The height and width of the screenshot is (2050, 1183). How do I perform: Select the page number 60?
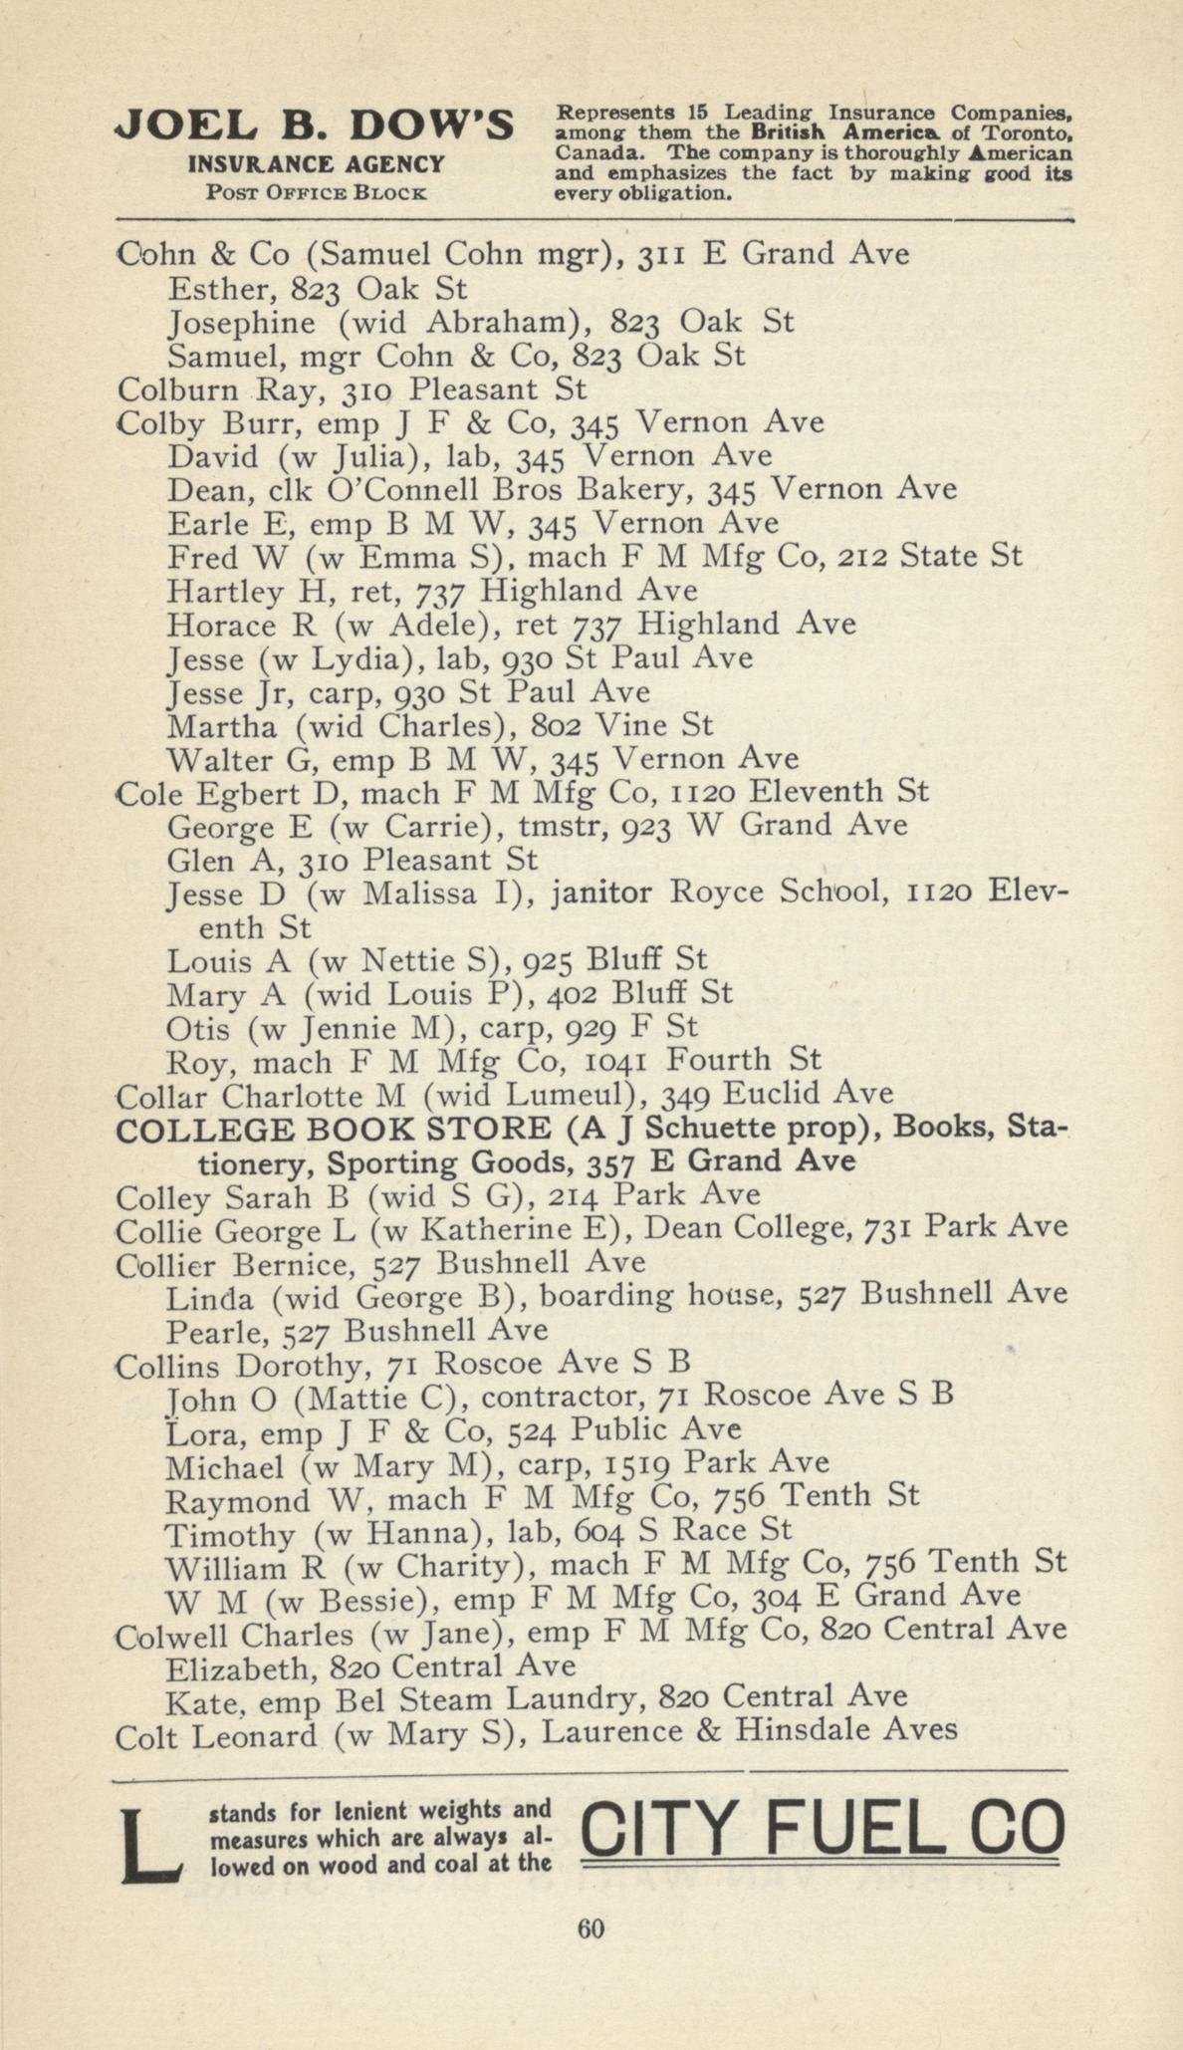click(x=591, y=1928)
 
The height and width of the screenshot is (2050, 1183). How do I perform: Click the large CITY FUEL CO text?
click(x=822, y=1831)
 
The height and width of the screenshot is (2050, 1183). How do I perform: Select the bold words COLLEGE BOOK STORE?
click(x=333, y=1129)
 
